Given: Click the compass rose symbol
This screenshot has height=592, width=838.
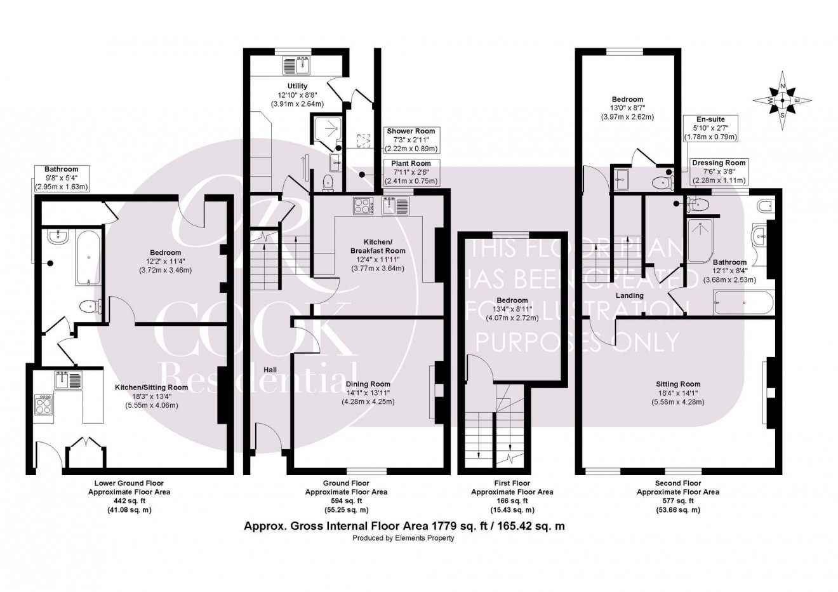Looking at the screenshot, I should click(782, 100).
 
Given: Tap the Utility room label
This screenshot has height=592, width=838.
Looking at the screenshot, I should click(297, 86).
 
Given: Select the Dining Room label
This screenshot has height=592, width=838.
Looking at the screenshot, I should click(368, 384).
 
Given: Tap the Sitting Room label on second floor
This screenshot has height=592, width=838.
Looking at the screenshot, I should click(678, 384).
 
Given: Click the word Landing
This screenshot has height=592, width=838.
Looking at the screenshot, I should click(630, 295).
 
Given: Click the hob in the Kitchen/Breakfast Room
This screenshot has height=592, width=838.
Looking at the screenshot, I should click(362, 206).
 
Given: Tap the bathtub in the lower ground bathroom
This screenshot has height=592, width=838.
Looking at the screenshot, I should click(87, 259).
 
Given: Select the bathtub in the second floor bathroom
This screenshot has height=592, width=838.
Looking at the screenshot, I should click(743, 302).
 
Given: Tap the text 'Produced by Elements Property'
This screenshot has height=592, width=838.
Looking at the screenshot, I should click(404, 538).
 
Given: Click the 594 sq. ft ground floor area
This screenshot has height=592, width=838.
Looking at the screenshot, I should click(346, 501).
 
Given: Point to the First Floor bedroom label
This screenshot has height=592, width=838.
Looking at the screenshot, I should click(512, 300).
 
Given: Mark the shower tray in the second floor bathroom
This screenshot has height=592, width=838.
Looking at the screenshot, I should click(705, 240).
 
